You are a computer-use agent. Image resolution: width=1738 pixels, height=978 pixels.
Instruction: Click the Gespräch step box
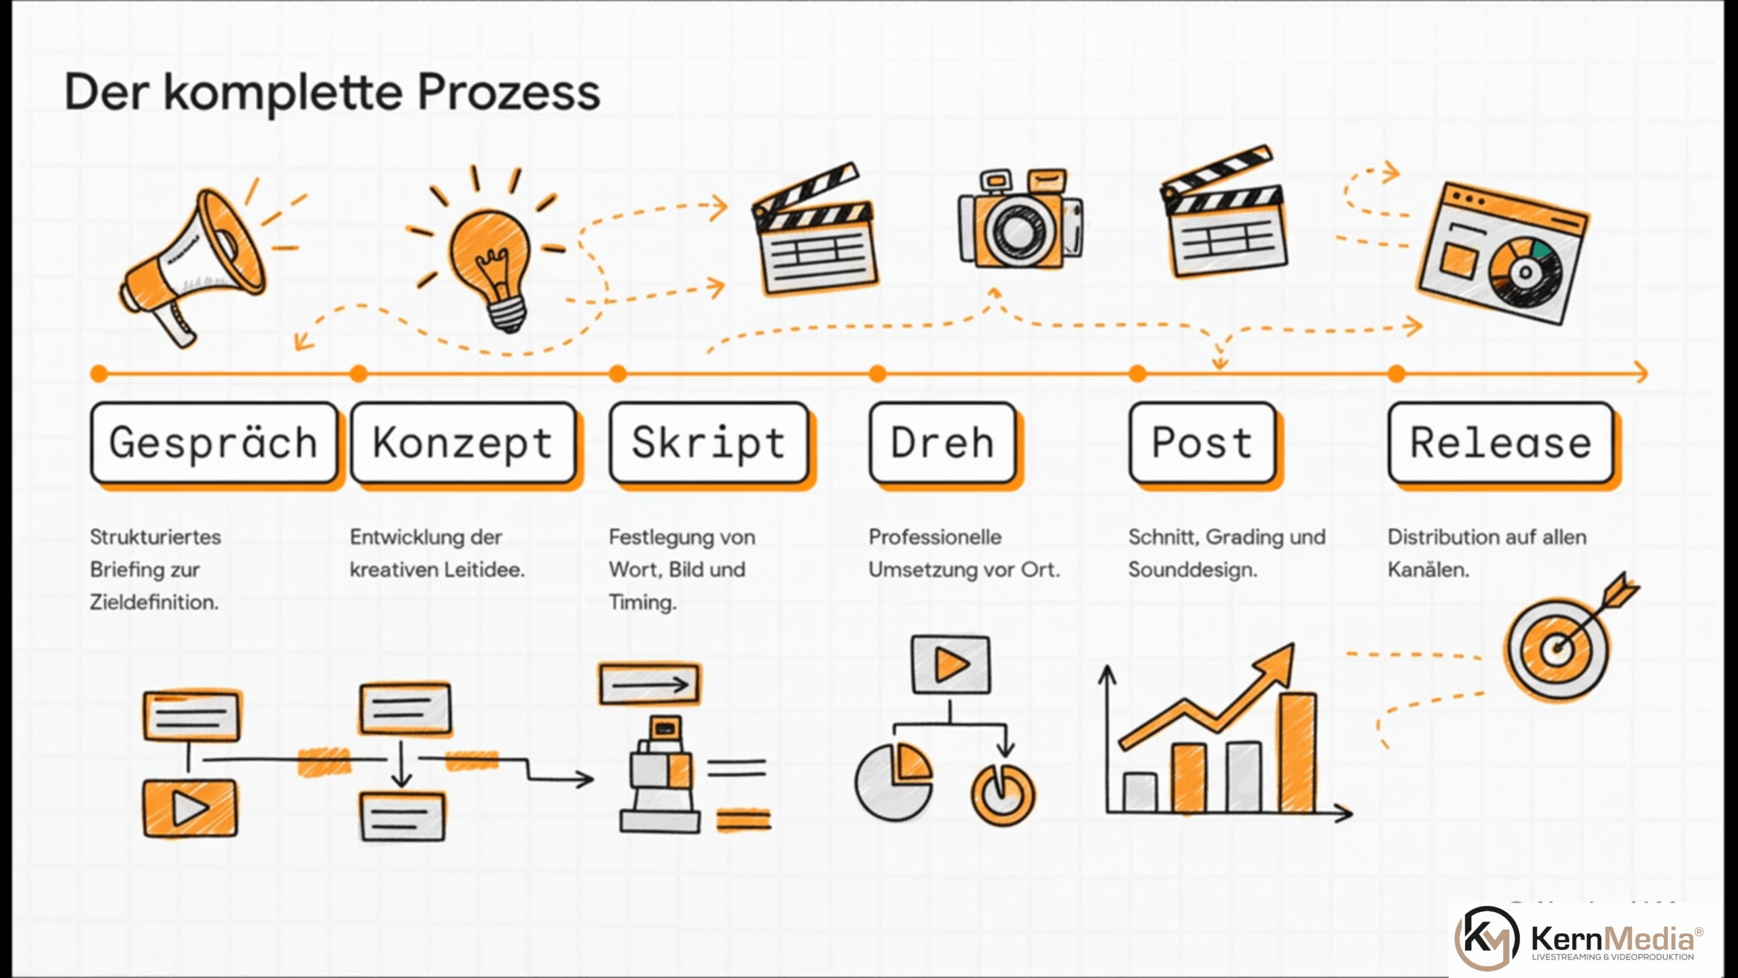pyautogui.click(x=214, y=443)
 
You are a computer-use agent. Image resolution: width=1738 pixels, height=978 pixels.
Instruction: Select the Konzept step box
pyautogui.click(x=463, y=443)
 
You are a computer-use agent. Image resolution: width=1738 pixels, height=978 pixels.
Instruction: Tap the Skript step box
pyautogui.click(x=709, y=443)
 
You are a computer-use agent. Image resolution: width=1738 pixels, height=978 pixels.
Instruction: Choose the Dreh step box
pyautogui.click(x=942, y=443)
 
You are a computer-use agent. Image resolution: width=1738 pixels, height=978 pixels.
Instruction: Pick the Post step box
pyautogui.click(x=1202, y=443)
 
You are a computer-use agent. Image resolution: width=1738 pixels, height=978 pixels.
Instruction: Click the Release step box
pyautogui.click(x=1500, y=443)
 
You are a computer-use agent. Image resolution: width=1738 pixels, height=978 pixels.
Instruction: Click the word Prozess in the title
pyautogui.click(x=509, y=92)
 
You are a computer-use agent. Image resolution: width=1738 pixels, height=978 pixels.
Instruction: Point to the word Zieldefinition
pyautogui.click(x=154, y=602)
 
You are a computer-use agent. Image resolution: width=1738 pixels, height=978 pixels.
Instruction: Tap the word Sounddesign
pyautogui.click(x=1193, y=570)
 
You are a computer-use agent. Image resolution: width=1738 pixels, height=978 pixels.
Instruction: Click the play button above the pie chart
pyautogui.click(x=950, y=664)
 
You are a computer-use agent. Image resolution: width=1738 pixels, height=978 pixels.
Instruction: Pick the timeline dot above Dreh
pyautogui.click(x=877, y=373)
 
